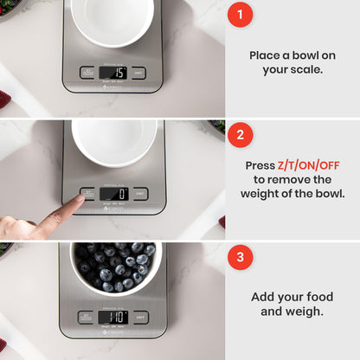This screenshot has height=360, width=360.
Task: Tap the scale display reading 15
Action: pos(114,73)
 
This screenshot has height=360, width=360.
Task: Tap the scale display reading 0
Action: pos(114,194)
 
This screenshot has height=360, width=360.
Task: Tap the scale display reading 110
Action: pos(113,317)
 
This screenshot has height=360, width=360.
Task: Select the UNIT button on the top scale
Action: pos(139,73)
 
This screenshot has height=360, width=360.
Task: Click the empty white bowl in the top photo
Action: pos(113,19)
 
